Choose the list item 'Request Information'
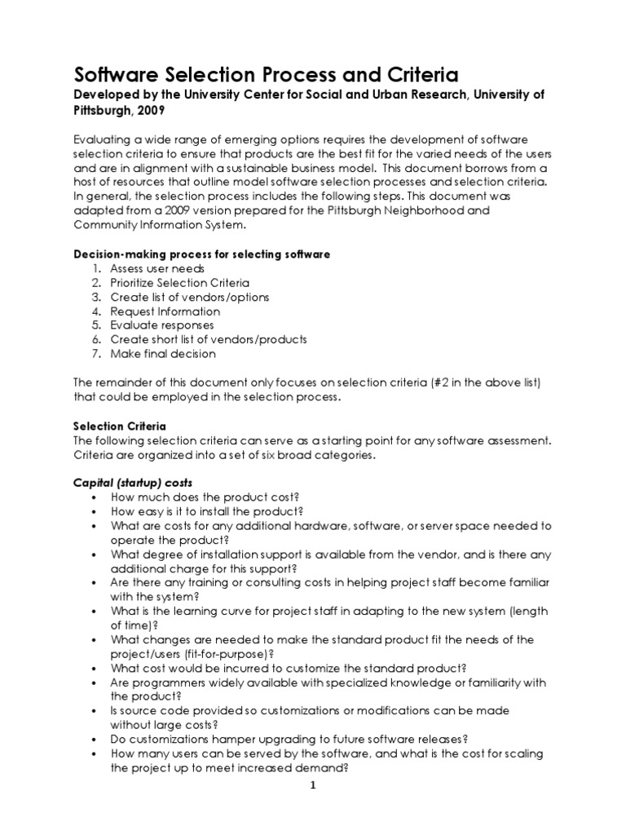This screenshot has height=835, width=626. click(165, 311)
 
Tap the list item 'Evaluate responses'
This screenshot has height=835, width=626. click(162, 325)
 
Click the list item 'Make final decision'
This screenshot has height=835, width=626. click(164, 354)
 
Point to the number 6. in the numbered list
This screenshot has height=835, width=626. click(96, 340)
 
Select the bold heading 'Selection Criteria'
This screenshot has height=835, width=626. click(120, 426)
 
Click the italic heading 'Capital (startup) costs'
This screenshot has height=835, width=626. click(133, 483)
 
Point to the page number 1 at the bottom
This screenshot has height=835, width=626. click(312, 785)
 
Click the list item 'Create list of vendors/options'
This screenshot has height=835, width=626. click(190, 297)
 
